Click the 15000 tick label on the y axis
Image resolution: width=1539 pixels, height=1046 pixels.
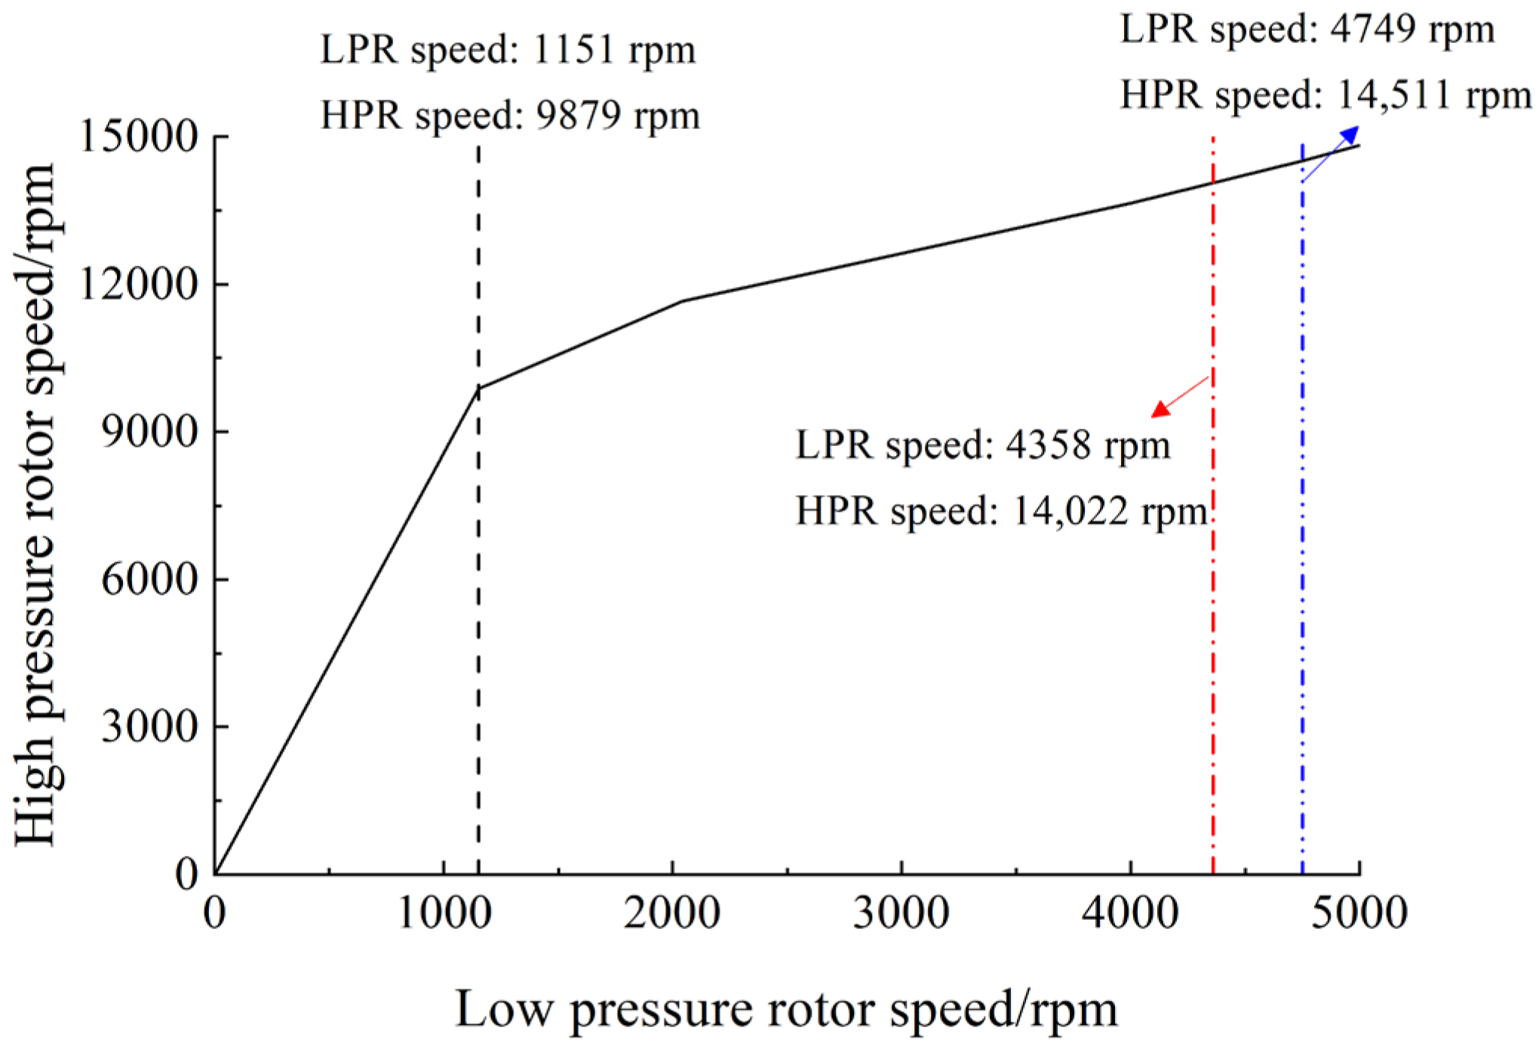pyautogui.click(x=138, y=137)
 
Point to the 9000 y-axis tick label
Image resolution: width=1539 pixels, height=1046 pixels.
pyautogui.click(x=149, y=432)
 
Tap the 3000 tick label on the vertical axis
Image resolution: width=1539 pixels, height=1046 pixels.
pyautogui.click(x=149, y=727)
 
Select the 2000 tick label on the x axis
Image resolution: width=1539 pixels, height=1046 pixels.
pyautogui.click(x=672, y=913)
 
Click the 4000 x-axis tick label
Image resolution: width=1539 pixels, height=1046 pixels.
pyautogui.click(x=1130, y=913)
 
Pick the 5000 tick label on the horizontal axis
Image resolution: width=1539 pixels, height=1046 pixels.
pyautogui.click(x=1359, y=913)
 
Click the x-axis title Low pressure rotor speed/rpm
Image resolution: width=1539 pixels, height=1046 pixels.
pyautogui.click(x=786, y=1010)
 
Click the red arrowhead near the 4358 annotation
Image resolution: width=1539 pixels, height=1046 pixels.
pyautogui.click(x=1160, y=410)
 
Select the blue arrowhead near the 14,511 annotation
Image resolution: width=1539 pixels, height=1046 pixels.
pyautogui.click(x=1350, y=135)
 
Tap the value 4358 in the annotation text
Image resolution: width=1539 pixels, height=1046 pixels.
pyautogui.click(x=1048, y=445)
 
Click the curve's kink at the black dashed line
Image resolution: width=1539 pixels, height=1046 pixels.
pyautogui.click(x=478, y=389)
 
